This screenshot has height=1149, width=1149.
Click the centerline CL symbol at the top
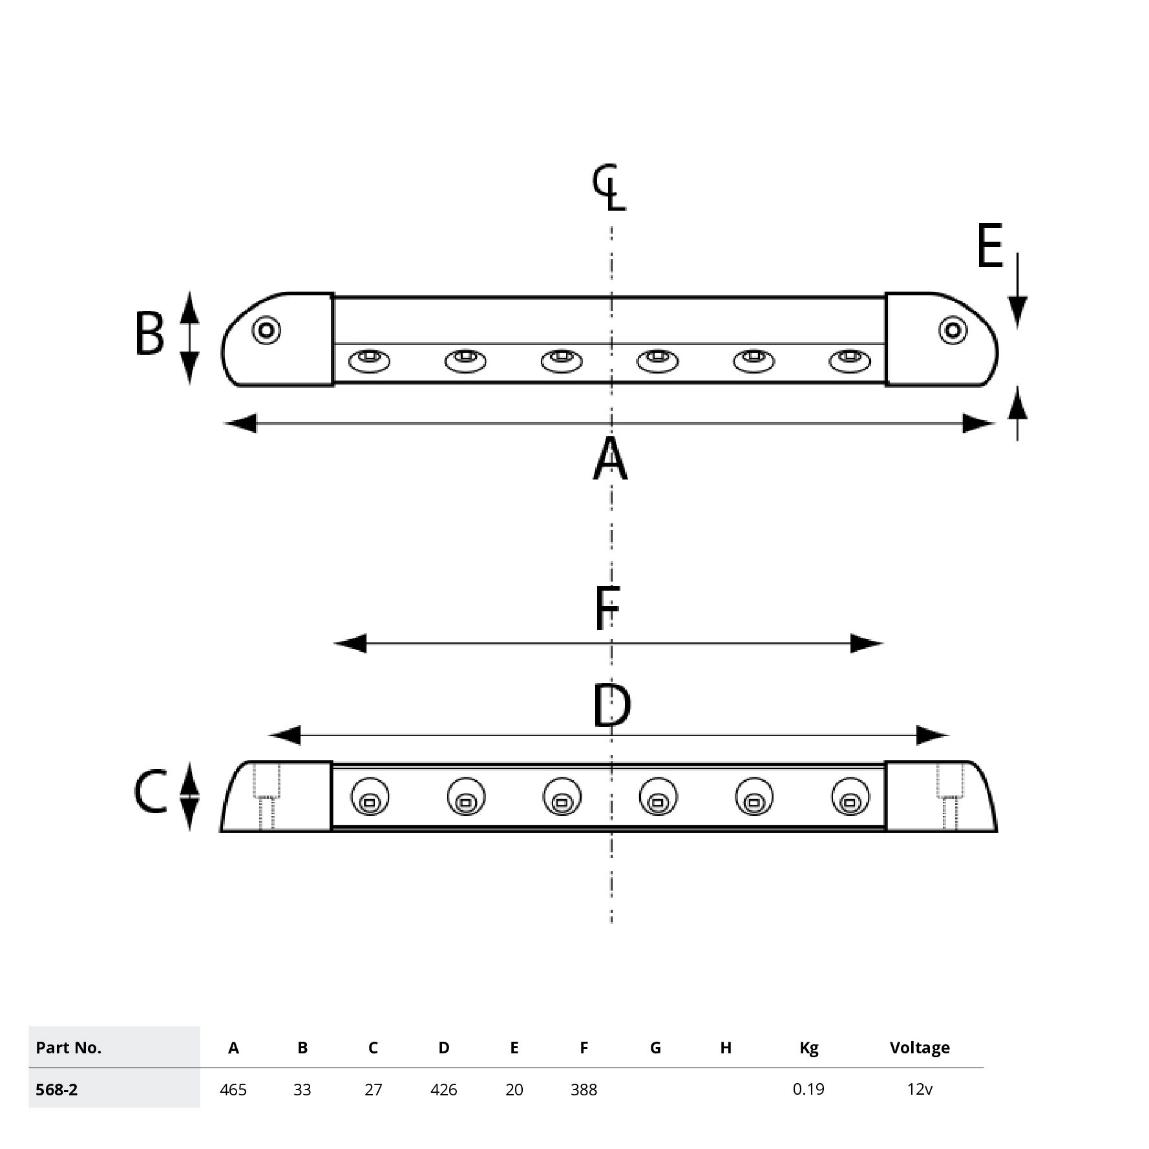click(x=609, y=188)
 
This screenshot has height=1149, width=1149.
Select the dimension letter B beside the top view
click(x=149, y=334)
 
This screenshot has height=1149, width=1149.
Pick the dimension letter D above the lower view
click(x=611, y=706)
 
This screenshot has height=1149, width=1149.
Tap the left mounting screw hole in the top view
click(x=266, y=331)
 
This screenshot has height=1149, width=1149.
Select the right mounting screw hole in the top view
click(x=953, y=331)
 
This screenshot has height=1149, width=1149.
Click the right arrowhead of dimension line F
click(x=866, y=644)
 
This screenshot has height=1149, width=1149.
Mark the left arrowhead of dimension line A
click(x=240, y=424)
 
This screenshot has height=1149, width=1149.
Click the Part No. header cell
click(x=69, y=1048)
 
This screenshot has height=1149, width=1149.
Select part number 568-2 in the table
click(x=57, y=1090)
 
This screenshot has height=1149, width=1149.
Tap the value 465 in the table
click(x=233, y=1090)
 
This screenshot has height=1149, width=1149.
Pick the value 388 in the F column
click(x=584, y=1090)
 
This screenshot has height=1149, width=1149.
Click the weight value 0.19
click(x=808, y=1090)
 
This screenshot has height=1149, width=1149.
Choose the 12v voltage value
click(x=920, y=1090)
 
